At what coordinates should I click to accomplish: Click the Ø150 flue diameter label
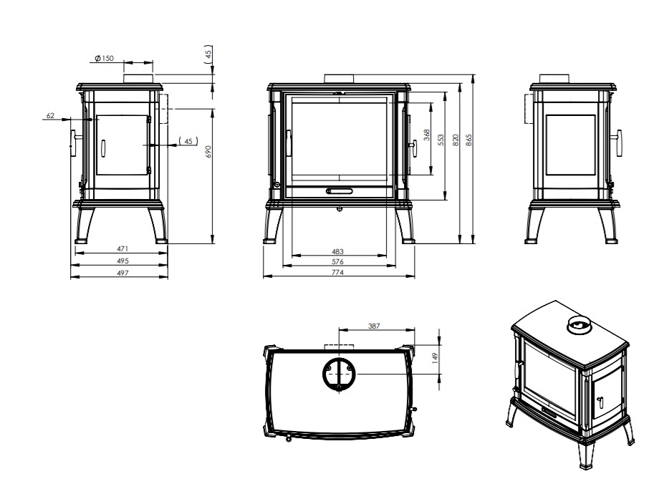coord(104,58)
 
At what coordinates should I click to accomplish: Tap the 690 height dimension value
coord(208,151)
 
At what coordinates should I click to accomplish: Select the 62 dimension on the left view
coord(50,115)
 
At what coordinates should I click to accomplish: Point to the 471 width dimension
coord(122,248)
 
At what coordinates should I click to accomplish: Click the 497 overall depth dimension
coord(122,273)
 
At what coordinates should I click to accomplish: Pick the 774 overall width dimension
coord(337,272)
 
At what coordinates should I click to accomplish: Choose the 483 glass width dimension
coord(337,251)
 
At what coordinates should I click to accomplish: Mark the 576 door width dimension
coord(337,261)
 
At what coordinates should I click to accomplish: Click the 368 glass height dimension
coord(427,135)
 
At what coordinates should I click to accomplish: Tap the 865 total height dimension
coord(469,140)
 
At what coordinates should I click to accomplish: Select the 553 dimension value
coord(441,140)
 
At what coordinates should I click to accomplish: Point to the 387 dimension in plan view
coord(374,326)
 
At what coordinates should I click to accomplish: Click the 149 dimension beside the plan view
coord(435,357)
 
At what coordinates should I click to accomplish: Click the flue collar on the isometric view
coord(579,326)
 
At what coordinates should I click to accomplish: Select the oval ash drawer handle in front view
coord(340,190)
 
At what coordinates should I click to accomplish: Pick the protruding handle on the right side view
coord(617,142)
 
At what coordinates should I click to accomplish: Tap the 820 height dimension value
coord(456,140)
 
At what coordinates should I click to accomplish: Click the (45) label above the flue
coord(208,54)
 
